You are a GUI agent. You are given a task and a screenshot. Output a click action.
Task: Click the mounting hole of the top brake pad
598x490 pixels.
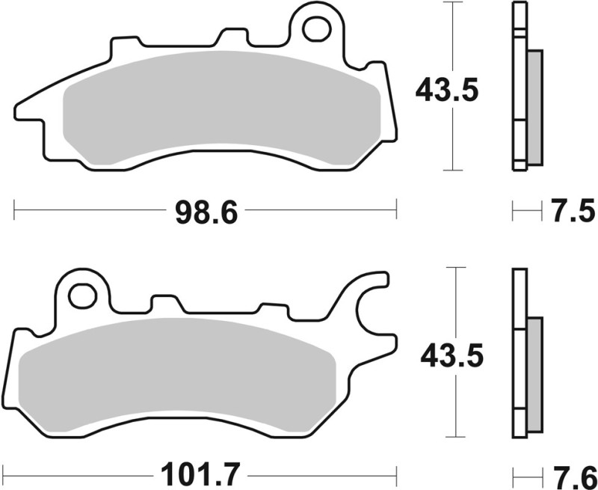pos(316,28)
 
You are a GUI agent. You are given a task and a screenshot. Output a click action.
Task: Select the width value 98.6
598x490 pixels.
pos(206,212)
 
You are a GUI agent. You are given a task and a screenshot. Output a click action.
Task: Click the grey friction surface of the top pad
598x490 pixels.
pos(224,105)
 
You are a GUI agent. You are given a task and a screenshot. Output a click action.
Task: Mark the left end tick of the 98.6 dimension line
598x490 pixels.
pos(15,211)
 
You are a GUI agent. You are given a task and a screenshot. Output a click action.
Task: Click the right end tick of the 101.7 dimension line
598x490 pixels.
pos(395,474)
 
